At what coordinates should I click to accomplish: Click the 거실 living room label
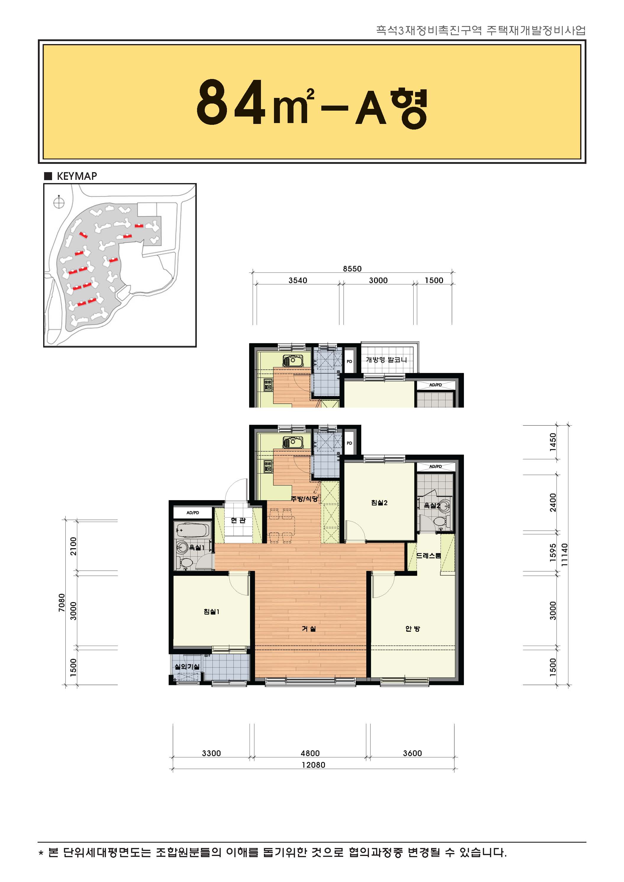click(309, 629)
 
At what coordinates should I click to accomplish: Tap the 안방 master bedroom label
click(413, 629)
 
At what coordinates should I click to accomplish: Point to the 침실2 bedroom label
click(379, 503)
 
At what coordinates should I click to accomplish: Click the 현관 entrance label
click(238, 520)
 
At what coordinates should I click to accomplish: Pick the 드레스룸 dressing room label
click(428, 555)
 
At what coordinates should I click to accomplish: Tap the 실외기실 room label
click(187, 666)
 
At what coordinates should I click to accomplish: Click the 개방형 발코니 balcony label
click(386, 360)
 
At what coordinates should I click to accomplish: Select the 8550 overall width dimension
click(352, 269)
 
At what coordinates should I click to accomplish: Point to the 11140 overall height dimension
click(564, 554)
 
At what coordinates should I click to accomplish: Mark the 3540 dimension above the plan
click(298, 280)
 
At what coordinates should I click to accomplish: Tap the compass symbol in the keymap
click(59, 202)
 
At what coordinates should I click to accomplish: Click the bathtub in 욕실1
click(192, 530)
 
